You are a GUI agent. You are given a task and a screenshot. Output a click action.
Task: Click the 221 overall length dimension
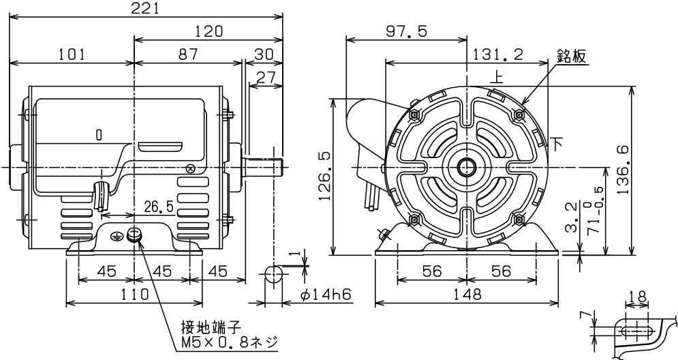146,9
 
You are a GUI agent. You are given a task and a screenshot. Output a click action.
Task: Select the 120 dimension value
209,32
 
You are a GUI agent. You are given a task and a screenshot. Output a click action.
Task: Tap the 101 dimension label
72,55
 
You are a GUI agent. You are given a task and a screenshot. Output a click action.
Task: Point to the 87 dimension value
188,55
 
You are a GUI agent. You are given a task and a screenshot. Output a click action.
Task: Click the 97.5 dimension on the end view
407,32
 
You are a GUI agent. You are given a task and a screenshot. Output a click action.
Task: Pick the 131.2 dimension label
501,55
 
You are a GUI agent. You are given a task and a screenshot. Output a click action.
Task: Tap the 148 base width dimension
467,295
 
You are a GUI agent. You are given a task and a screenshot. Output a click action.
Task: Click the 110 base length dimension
134,295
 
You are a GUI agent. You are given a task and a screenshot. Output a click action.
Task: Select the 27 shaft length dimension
266,77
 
